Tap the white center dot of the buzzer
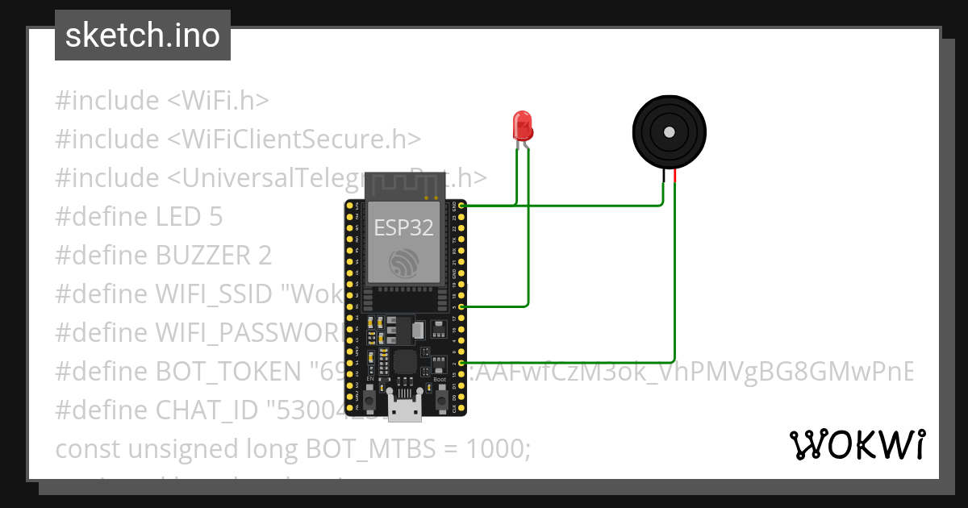(x=669, y=131)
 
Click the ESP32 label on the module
(x=403, y=227)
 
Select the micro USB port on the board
(x=405, y=408)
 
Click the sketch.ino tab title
(x=143, y=35)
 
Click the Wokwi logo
(x=857, y=444)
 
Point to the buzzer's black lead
(x=664, y=177)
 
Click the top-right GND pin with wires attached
(x=461, y=206)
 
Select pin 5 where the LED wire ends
(x=461, y=306)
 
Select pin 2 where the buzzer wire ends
(x=461, y=364)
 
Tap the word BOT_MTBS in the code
(x=364, y=448)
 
